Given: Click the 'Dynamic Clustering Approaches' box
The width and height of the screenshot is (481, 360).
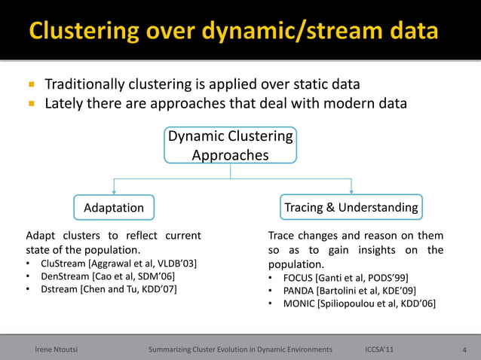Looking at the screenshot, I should point(230,145).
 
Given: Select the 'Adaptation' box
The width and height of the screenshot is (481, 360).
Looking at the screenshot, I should point(113,207).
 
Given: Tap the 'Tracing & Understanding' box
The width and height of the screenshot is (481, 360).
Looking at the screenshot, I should point(351,207).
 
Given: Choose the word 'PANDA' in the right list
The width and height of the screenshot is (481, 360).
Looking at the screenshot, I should point(299,290).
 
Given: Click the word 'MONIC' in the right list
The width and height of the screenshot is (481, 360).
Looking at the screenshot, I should point(299,304).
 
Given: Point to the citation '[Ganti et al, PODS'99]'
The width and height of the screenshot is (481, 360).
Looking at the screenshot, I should point(365,277).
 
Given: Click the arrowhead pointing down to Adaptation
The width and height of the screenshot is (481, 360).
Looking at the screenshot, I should point(113,191).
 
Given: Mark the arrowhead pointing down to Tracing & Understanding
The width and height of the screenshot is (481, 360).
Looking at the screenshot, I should point(351,191).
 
